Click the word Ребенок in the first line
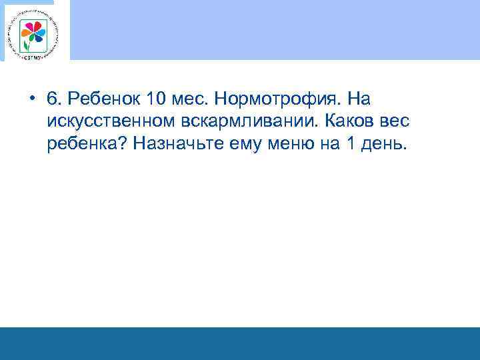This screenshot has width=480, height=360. pos(101,99)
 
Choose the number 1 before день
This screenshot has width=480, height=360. pos(351,144)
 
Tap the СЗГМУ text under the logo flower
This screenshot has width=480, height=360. pos(35,55)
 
